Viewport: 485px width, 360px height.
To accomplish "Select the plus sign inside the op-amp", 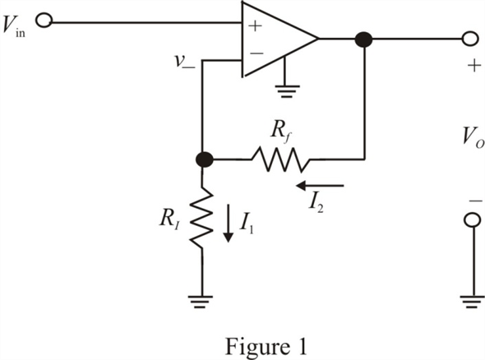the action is (255, 26).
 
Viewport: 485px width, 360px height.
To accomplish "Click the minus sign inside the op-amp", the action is (256, 53).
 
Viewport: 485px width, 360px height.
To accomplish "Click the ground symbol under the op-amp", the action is (286, 91).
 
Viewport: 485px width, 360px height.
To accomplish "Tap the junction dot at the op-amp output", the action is (363, 39).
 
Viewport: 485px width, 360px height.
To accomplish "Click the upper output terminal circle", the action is (470, 39).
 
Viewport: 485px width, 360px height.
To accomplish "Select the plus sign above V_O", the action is (474, 66).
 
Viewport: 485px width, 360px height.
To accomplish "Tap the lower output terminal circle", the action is (473, 220).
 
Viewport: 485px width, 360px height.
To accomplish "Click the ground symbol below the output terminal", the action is (473, 302).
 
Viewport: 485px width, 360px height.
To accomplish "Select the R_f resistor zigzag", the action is (280, 159).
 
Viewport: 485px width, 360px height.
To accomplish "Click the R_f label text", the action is (280, 132).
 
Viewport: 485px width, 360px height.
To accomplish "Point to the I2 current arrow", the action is (320, 186).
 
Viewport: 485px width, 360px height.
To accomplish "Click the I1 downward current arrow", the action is (229, 223).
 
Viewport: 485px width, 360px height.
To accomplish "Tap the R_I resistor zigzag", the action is (201, 218).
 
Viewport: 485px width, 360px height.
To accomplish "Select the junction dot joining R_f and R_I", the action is (205, 159).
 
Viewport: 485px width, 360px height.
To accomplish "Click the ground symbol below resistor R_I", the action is (200, 302).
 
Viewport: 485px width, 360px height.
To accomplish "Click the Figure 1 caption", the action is (266, 346).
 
